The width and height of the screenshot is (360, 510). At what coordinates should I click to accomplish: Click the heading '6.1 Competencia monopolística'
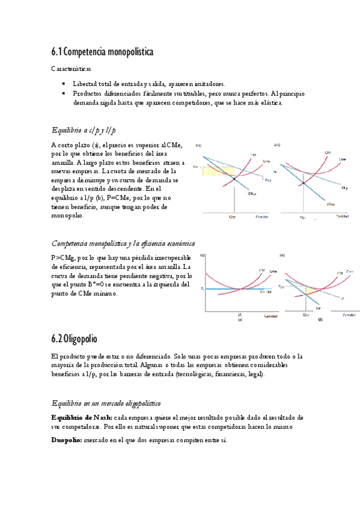click(102, 52)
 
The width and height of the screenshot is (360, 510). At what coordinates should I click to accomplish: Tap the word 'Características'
click(70, 69)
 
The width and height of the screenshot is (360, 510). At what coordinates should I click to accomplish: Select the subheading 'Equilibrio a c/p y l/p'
click(84, 130)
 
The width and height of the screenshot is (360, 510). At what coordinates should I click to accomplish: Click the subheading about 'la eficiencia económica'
click(123, 244)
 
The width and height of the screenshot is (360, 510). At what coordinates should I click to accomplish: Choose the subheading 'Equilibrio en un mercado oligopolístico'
click(106, 402)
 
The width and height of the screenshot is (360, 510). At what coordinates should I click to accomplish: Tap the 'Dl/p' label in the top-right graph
click(345, 188)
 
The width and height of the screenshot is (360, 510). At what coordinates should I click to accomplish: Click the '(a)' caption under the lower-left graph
click(240, 320)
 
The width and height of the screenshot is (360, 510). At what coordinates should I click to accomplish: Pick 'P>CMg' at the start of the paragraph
click(63, 257)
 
